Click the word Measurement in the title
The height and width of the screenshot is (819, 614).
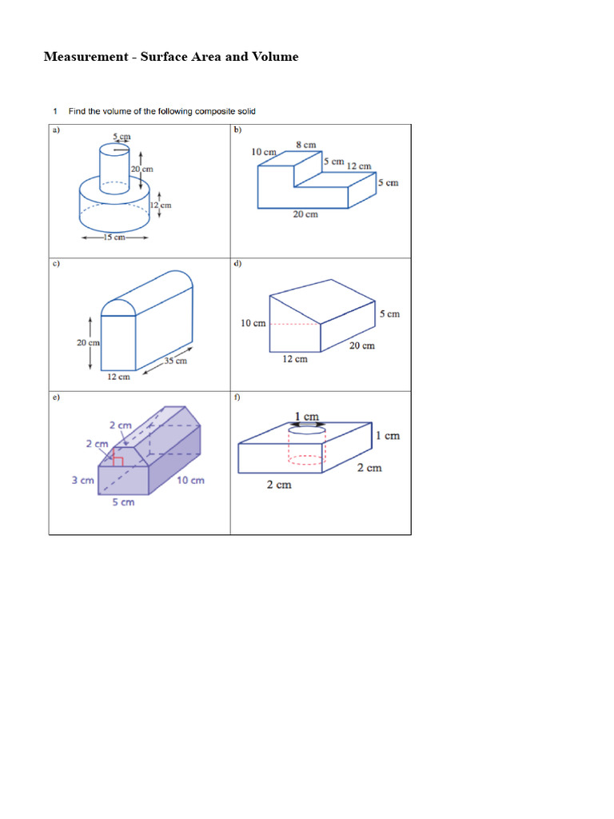coord(86,57)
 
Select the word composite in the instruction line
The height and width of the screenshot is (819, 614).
coord(212,111)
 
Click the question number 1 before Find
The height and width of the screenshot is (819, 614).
coord(55,111)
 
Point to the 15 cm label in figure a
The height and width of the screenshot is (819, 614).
coord(114,238)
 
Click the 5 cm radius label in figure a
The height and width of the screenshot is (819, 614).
coord(121,137)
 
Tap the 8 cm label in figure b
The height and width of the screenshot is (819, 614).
coord(306,145)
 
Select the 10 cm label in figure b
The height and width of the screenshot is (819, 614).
coord(264,152)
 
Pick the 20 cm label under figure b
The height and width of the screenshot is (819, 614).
coord(305,214)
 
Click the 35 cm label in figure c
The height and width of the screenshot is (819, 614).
coord(175,361)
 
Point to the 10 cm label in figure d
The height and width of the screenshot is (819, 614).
coord(253,323)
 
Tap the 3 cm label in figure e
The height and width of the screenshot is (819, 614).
coord(83,481)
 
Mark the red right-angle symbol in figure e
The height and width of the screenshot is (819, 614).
coord(118,459)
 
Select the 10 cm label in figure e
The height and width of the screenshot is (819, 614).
coord(191,480)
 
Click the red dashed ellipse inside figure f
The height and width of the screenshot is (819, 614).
coord(306,460)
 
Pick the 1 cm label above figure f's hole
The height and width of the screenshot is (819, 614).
coord(306,417)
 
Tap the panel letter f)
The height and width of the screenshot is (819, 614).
coord(237,397)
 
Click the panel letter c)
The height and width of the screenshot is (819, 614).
coord(56,263)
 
